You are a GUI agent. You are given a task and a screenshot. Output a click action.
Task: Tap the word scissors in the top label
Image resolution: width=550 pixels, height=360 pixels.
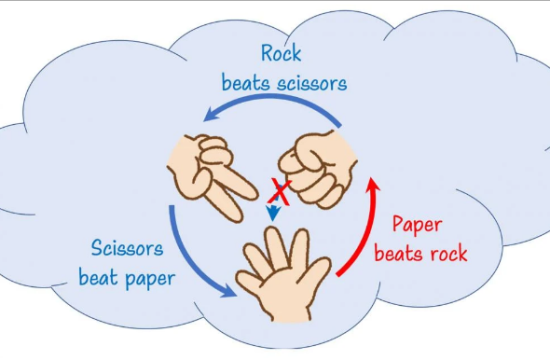pos(307,82)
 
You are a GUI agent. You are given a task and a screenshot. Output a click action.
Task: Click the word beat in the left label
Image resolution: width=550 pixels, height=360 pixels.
pos(100,276)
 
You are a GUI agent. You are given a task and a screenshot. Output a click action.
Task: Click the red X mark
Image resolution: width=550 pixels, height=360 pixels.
pos(278,188)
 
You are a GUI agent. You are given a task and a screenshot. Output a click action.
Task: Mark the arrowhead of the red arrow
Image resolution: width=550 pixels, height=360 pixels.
pos(376,186)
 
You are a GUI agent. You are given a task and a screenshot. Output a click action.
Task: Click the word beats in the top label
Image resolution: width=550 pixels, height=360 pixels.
pos(245,82)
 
